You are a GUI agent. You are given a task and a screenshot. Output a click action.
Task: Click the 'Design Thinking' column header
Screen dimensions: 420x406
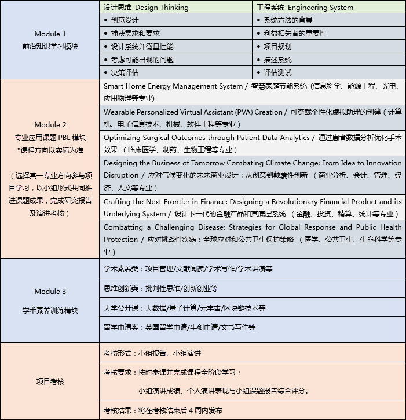tap(146, 8)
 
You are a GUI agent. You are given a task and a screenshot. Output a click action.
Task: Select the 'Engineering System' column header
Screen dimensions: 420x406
tap(304, 8)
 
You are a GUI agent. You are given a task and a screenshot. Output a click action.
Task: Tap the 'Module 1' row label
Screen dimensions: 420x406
tap(50, 34)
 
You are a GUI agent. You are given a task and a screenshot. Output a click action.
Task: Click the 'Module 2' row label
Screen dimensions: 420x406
tap(50, 124)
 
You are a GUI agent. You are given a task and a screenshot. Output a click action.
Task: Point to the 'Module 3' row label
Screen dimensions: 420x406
tap(50, 291)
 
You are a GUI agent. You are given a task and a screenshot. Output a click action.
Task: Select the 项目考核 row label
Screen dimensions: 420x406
tap(50, 381)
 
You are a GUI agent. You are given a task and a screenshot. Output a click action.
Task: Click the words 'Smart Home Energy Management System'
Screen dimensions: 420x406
tap(173, 86)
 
